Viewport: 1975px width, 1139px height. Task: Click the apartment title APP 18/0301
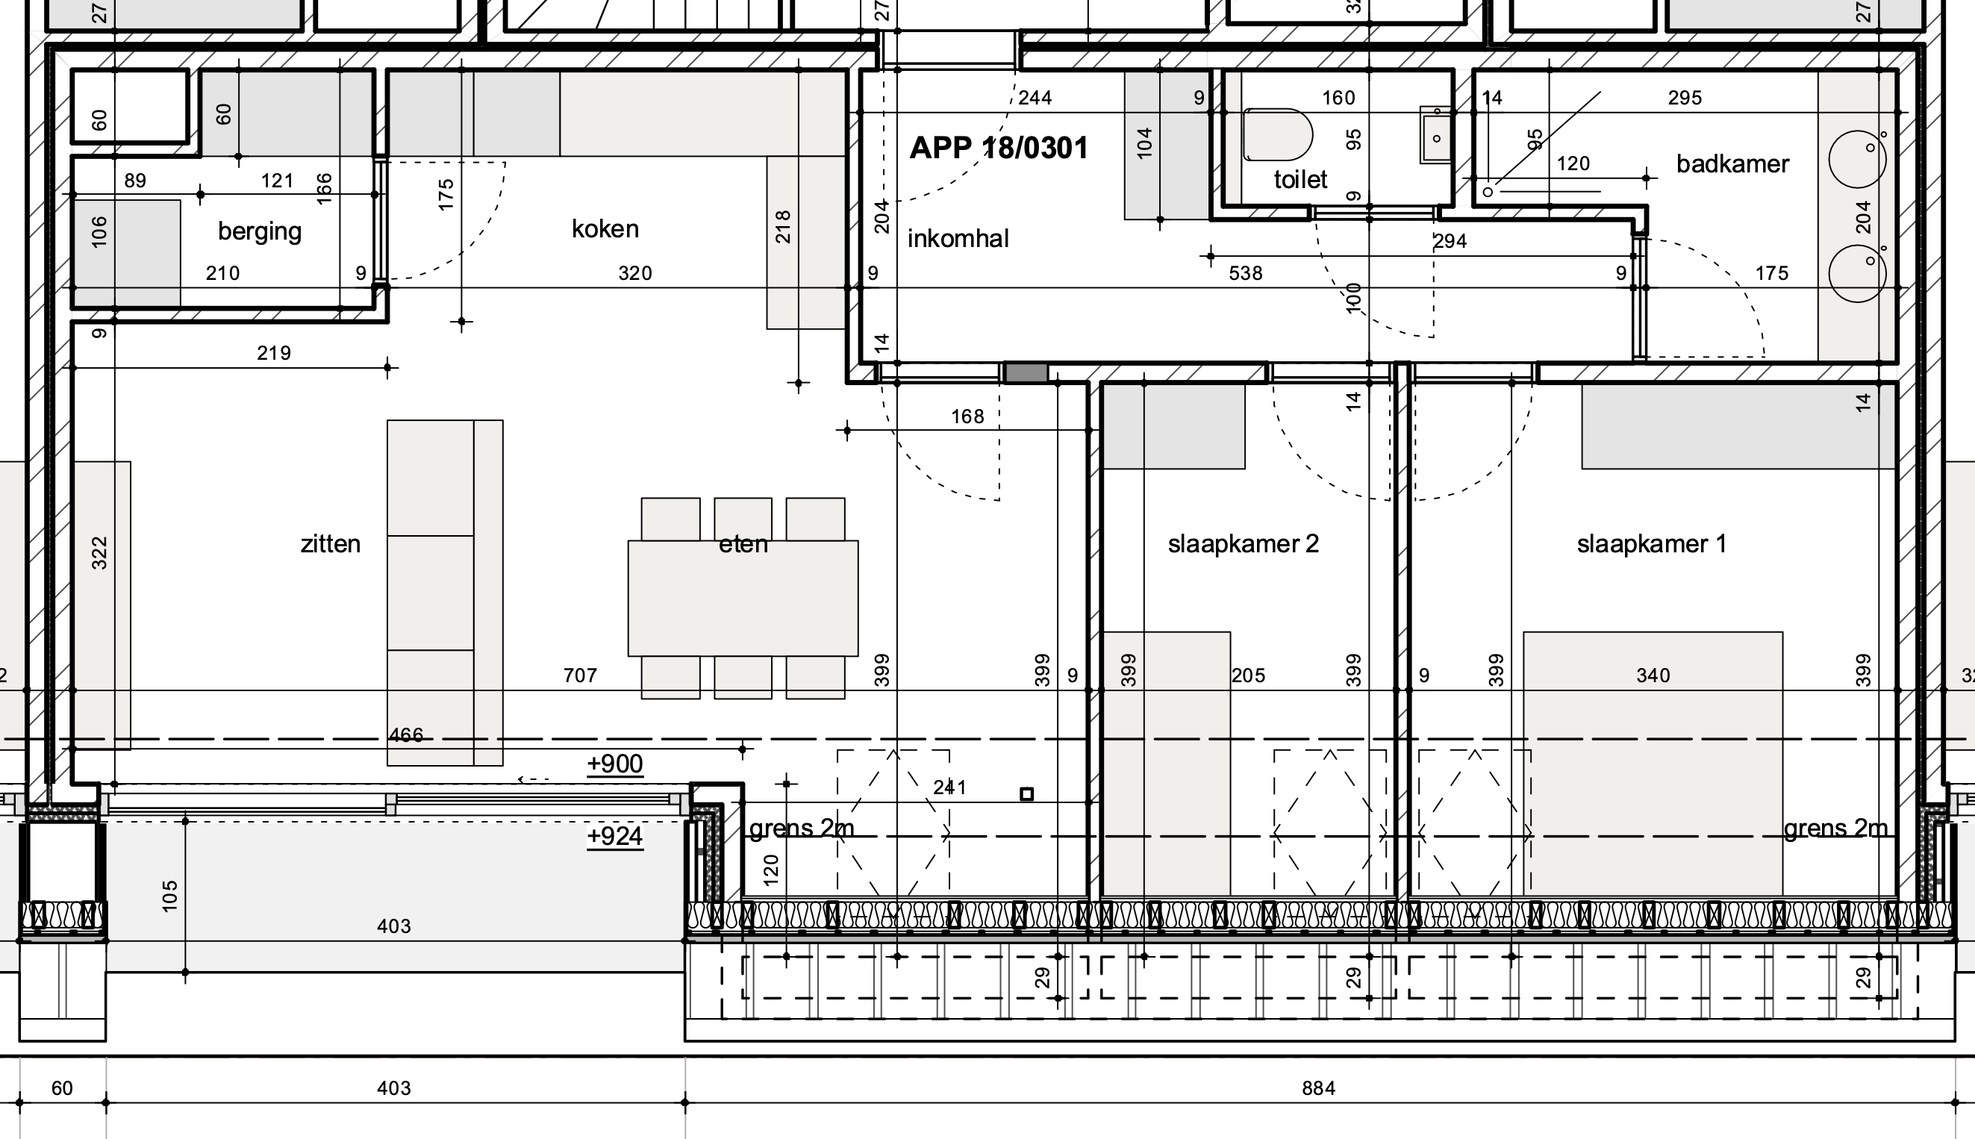[998, 148]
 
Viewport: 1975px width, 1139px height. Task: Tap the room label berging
[260, 231]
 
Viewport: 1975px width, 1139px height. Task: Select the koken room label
[605, 229]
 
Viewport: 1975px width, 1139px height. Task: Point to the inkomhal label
[958, 239]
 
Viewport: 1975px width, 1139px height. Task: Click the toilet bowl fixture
[1276, 134]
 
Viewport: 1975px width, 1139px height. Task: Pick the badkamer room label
[1732, 164]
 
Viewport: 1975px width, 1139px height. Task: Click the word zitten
[330, 543]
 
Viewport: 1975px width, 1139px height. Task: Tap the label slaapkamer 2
[1243, 543]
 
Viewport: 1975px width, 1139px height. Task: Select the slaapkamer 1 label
[1651, 543]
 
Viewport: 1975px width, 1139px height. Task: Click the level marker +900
[615, 764]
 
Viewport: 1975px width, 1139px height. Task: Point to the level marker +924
[615, 836]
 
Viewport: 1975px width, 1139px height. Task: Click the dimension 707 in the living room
[581, 675]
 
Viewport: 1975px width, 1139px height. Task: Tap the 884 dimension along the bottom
[1318, 1088]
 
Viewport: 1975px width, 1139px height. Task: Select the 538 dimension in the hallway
[1245, 273]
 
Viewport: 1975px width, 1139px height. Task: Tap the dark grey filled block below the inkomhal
[1026, 373]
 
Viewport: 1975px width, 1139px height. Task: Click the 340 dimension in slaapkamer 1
[1653, 675]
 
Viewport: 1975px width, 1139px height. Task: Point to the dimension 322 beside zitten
[99, 553]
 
